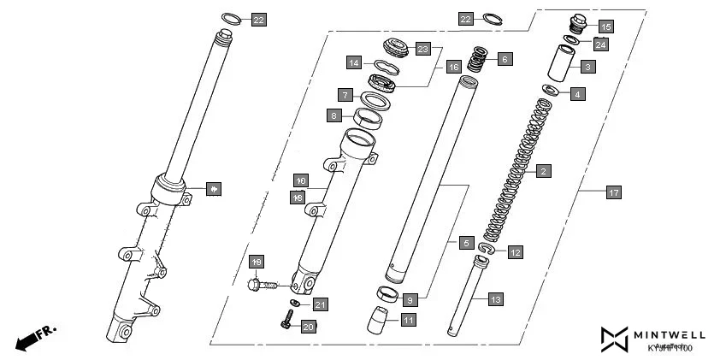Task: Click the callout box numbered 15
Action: point(605,26)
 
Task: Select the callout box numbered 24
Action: point(601,44)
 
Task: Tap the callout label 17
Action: point(613,192)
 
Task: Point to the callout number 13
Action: point(497,299)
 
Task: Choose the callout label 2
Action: point(542,171)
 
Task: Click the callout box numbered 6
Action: point(505,59)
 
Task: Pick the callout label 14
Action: point(354,62)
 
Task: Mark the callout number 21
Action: point(320,304)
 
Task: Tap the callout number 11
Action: point(408,321)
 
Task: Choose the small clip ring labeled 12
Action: point(486,249)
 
